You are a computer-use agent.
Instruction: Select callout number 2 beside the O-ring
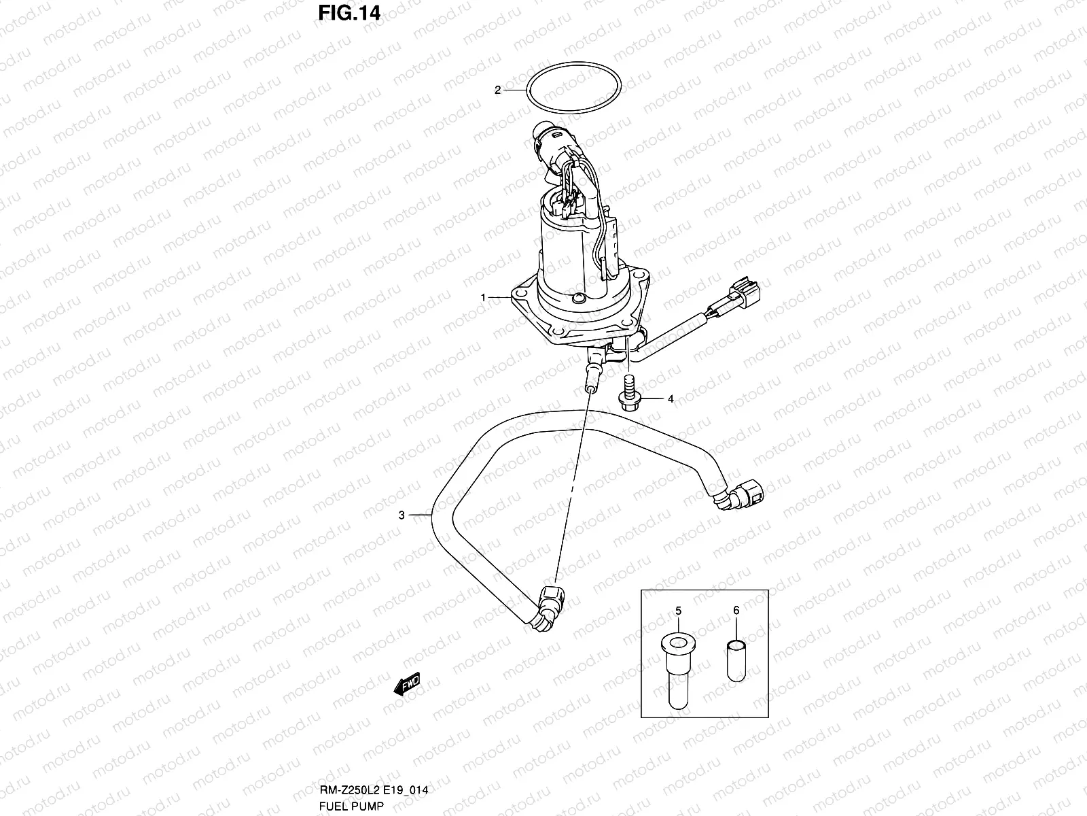point(497,90)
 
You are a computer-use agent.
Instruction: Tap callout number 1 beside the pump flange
point(484,298)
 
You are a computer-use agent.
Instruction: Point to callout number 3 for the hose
point(402,515)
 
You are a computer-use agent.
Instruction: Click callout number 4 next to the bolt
point(671,400)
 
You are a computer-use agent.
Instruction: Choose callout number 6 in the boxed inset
point(736,611)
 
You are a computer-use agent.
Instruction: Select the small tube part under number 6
point(736,659)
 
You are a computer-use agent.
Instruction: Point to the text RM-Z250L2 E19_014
point(374,790)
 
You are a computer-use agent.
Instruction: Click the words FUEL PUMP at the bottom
point(351,806)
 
